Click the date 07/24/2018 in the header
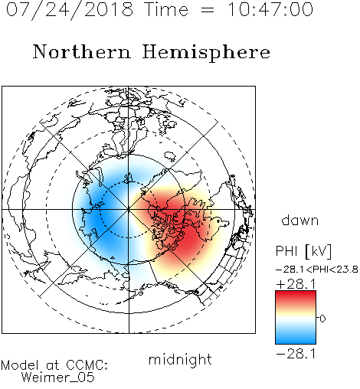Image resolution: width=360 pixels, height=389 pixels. click(x=70, y=10)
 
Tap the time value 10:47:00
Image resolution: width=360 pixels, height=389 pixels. click(x=270, y=9)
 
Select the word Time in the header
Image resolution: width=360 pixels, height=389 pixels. click(x=166, y=9)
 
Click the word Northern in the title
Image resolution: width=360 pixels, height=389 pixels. click(x=82, y=51)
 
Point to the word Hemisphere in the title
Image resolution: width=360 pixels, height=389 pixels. click(x=206, y=53)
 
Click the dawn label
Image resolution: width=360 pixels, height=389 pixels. click(x=300, y=220)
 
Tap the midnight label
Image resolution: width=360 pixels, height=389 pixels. click(x=180, y=359)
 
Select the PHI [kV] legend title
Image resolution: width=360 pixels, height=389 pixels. click(x=303, y=251)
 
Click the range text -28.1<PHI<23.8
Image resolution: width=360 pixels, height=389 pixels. click(x=317, y=270)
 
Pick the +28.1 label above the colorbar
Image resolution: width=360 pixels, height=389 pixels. click(x=296, y=284)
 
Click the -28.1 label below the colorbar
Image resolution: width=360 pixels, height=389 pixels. click(x=296, y=354)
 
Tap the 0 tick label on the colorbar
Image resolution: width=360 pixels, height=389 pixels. click(x=322, y=319)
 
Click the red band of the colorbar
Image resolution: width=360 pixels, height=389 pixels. click(x=296, y=297)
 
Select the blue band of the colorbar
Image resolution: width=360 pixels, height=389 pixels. click(x=296, y=337)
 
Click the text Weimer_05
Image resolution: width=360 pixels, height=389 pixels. click(x=58, y=378)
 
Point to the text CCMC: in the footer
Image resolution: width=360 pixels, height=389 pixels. click(x=87, y=365)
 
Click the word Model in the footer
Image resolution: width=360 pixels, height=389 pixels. click(x=20, y=365)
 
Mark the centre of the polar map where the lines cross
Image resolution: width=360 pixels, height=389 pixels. click(x=129, y=210)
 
